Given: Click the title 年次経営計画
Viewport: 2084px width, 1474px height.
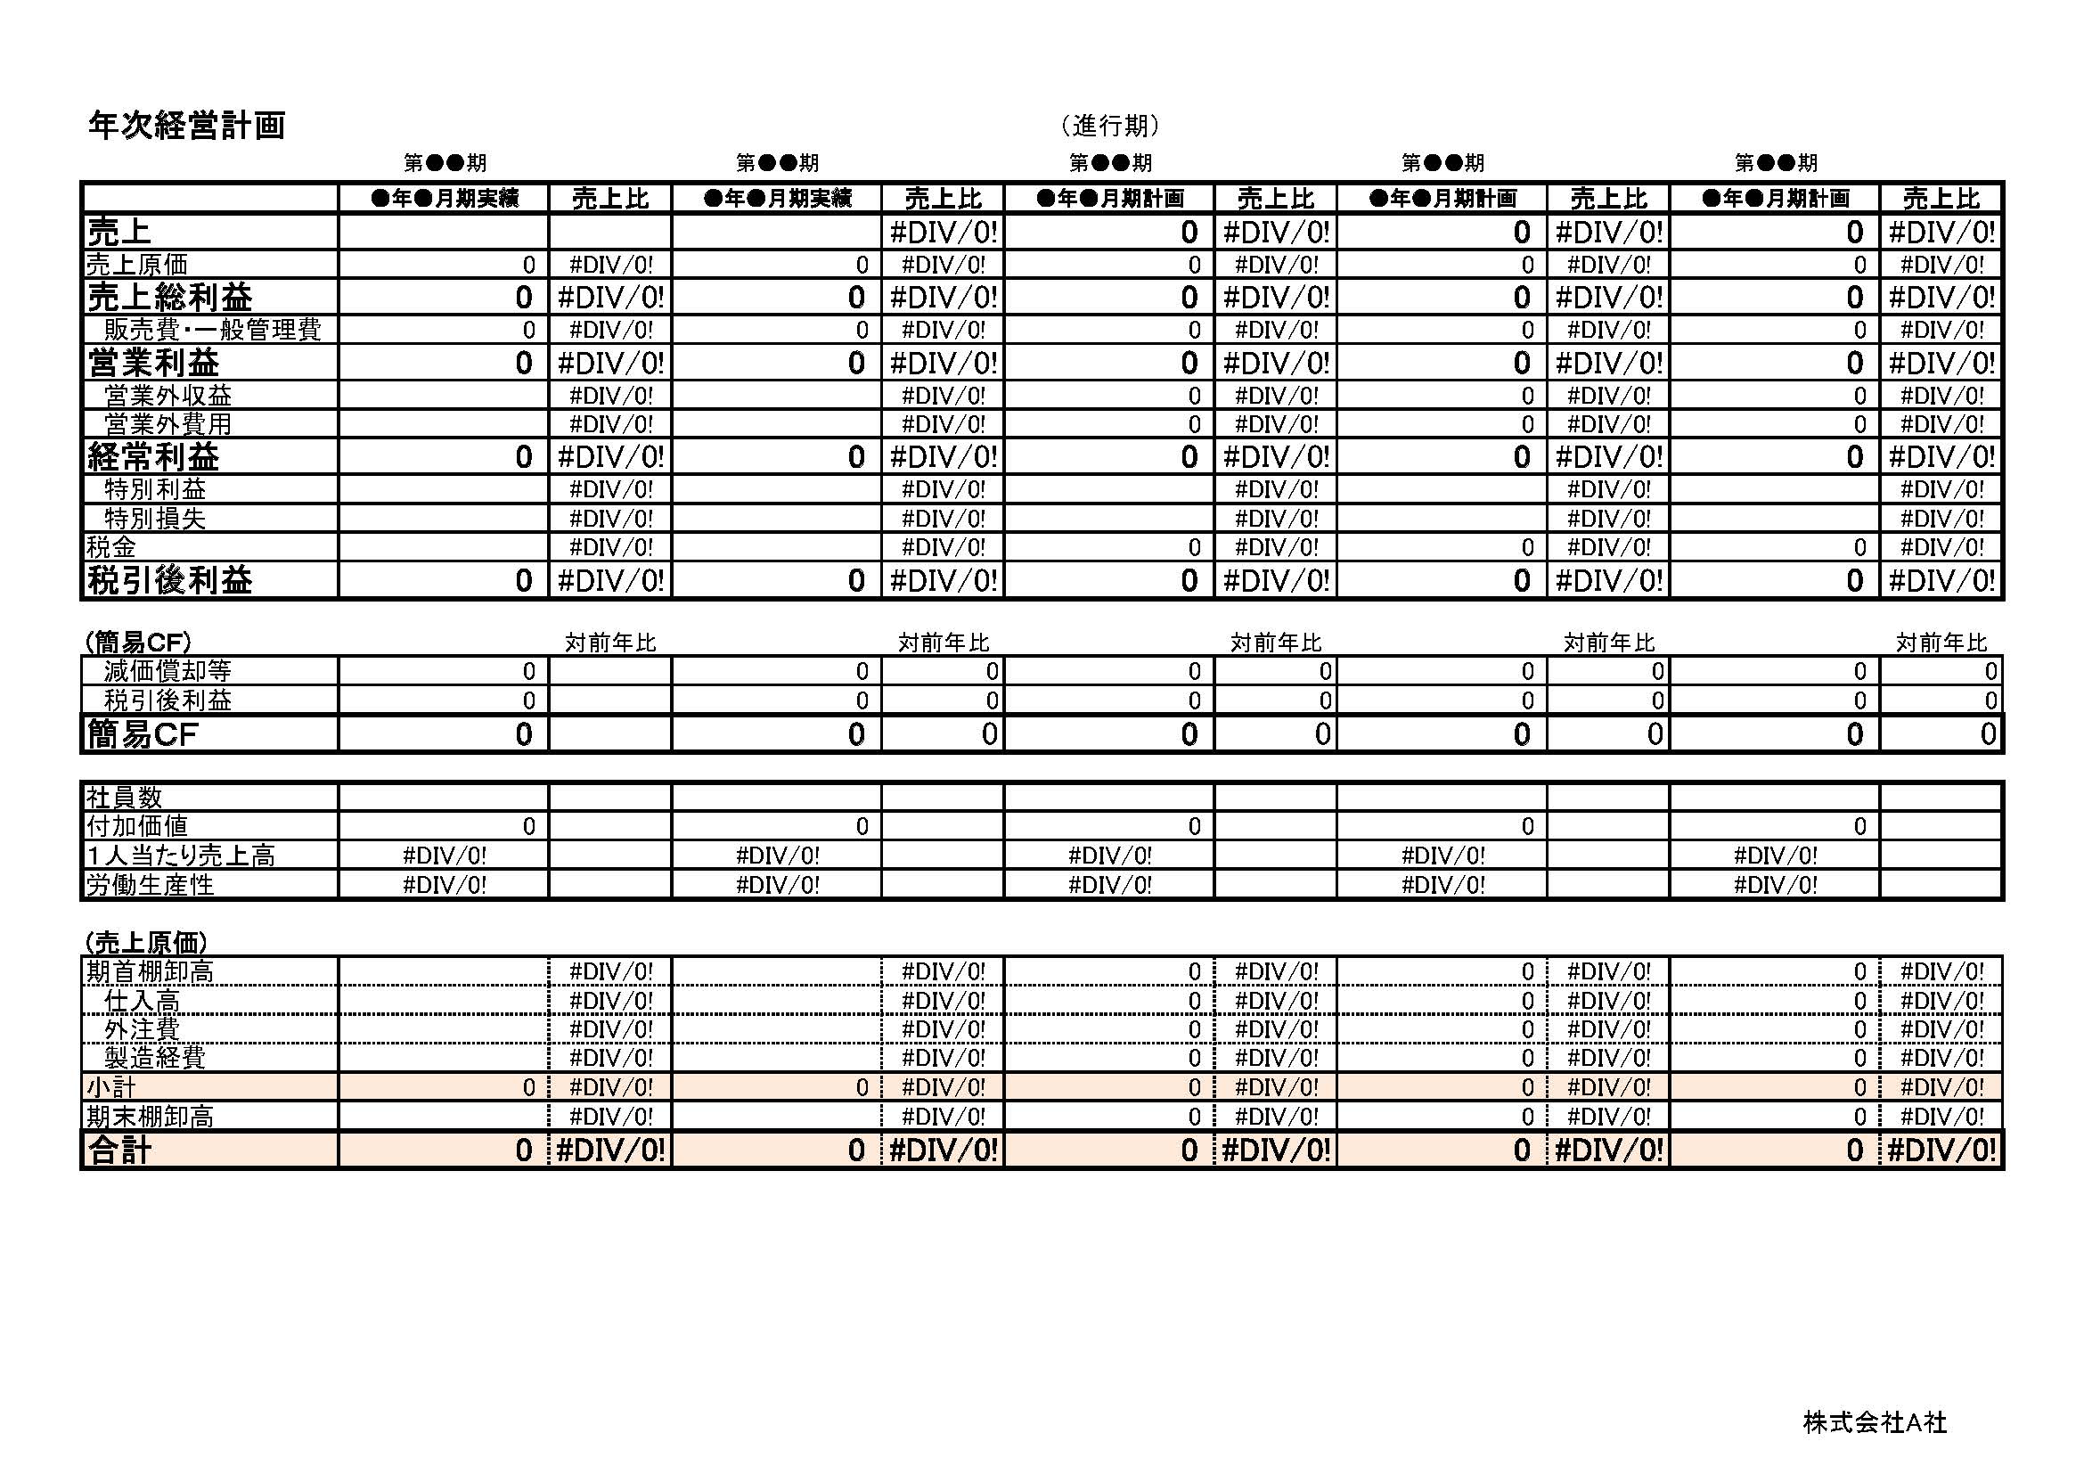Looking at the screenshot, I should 186,126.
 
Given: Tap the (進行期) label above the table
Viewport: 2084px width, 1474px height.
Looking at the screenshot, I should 1110,126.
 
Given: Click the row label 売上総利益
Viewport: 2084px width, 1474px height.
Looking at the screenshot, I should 170,297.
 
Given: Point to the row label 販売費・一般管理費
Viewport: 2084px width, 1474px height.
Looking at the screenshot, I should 212,330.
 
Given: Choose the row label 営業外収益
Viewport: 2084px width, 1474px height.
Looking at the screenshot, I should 168,396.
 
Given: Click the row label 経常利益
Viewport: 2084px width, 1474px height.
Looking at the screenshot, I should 153,456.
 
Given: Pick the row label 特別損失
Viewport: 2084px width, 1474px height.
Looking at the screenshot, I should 155,519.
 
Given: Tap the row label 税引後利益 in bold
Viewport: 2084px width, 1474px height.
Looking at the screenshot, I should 170,580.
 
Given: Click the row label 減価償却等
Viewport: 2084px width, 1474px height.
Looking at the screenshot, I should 168,672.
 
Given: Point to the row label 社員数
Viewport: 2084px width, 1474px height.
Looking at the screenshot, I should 125,798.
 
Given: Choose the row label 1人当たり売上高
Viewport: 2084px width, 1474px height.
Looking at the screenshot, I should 181,855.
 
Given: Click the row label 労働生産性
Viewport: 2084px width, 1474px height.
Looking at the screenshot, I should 151,884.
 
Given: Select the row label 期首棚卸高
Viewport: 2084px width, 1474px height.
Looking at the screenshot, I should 151,972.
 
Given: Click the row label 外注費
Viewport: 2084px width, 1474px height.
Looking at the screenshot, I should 143,1029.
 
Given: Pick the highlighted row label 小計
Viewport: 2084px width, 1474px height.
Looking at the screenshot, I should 111,1087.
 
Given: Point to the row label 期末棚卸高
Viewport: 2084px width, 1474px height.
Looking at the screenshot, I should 151,1117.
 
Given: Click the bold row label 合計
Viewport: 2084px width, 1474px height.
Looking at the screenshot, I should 119,1150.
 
